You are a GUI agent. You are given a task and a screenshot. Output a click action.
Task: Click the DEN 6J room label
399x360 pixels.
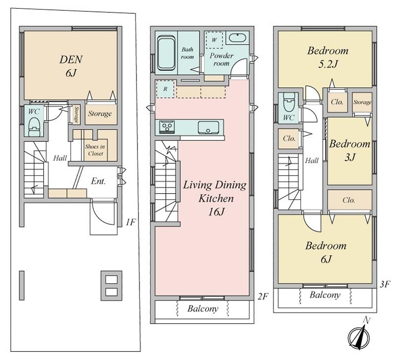point(71,66)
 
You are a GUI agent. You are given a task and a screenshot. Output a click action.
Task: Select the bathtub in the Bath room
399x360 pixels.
point(166,53)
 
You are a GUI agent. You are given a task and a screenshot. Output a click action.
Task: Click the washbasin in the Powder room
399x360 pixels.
point(237,38)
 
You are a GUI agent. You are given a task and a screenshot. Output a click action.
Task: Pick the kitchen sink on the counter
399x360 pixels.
point(209,128)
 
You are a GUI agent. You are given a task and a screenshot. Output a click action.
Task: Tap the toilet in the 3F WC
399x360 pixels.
point(289,102)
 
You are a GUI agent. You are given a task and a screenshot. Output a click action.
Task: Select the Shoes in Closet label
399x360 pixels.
point(95,150)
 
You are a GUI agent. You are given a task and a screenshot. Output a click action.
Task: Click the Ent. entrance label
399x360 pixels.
point(99,182)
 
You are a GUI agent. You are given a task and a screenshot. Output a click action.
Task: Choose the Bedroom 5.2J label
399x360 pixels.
point(328,57)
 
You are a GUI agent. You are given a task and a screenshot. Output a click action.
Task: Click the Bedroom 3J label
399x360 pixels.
point(350,151)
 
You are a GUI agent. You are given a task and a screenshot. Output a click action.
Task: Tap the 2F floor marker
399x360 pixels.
point(263,296)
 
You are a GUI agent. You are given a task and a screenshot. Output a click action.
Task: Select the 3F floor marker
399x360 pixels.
point(385,284)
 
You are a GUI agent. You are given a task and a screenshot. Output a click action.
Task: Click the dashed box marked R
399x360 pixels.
point(165,89)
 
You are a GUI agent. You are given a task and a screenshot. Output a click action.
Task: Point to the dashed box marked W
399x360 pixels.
point(214,40)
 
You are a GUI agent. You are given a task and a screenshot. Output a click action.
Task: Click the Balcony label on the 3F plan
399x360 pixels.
point(325,295)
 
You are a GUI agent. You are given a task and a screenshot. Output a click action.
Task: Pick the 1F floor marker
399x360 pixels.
point(131,223)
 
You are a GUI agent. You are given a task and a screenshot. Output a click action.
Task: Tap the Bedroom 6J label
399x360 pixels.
point(326,252)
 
